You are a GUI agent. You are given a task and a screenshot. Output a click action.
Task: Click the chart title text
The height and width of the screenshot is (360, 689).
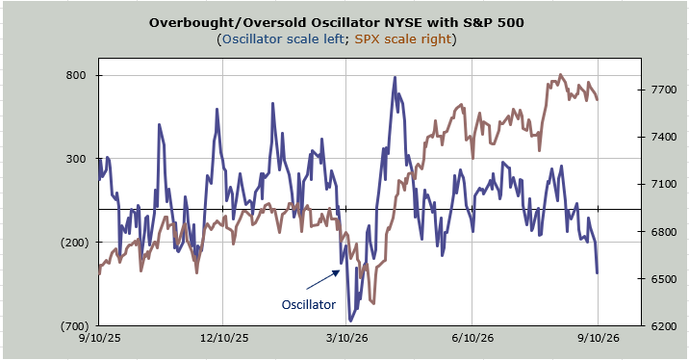[336, 22]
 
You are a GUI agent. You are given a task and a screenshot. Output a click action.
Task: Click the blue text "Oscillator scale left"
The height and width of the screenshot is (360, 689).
[283, 39]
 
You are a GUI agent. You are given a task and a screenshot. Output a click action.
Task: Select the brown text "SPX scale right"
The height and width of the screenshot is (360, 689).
[403, 39]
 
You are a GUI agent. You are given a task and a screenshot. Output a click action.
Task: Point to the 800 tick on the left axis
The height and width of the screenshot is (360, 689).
[76, 75]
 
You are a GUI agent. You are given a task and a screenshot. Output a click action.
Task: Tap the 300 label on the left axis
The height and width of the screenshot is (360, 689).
[76, 159]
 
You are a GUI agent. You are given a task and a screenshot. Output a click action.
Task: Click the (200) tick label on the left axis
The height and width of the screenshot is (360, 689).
[74, 243]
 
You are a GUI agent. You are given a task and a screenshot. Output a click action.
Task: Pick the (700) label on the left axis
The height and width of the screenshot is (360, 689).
[74, 325]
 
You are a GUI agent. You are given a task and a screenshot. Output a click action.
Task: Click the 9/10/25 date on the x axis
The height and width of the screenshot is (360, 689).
[99, 338]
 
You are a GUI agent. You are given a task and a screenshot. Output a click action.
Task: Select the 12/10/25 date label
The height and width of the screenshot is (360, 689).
[224, 338]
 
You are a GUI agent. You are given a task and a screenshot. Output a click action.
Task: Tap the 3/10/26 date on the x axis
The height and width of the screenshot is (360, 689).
[347, 338]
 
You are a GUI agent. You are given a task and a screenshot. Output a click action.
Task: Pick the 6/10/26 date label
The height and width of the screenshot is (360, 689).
[472, 338]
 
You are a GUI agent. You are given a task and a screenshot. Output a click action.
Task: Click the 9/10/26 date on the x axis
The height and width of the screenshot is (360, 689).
[598, 338]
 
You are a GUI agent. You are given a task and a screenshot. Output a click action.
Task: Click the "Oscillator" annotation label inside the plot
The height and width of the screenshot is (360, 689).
[309, 304]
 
